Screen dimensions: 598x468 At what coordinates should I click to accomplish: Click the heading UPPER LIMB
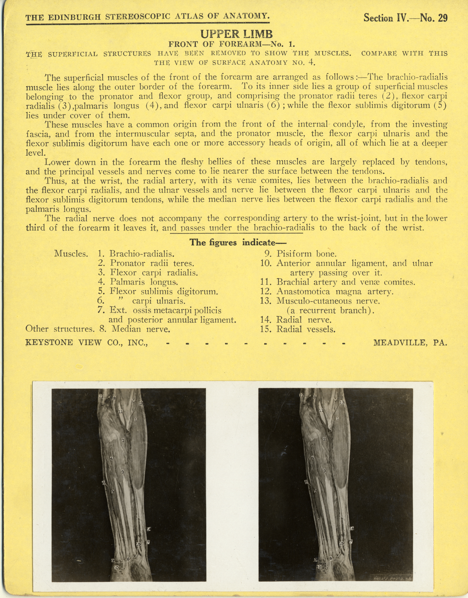coord(237,34)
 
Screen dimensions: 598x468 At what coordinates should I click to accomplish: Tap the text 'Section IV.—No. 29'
coord(405,18)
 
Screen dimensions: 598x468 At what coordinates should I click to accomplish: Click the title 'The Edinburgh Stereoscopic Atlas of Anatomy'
coord(148,17)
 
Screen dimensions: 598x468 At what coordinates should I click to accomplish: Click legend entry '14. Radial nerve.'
coord(296,320)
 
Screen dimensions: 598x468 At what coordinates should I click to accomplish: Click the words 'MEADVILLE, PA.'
coord(410,342)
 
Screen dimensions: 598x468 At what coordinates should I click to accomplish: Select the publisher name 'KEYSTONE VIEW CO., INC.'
coord(87,342)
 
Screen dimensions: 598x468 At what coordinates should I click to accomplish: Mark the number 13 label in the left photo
coord(141,403)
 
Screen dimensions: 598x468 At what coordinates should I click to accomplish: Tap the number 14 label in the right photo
coord(352,528)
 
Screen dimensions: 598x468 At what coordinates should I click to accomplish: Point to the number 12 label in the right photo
coord(302,395)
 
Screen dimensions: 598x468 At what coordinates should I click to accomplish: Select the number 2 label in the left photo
coord(123,440)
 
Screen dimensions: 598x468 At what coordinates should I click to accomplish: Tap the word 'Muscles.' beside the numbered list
coord(71,254)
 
